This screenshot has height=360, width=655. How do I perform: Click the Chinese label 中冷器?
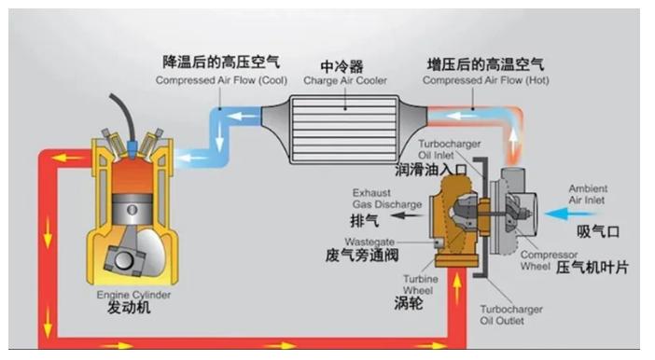tap(341, 66)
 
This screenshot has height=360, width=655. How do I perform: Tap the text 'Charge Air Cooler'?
tap(345, 80)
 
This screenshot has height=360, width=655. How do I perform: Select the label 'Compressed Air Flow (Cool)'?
tap(221, 80)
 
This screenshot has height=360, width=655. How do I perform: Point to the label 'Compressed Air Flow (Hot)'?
tap(485, 80)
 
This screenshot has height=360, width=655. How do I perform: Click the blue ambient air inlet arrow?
tap(570, 215)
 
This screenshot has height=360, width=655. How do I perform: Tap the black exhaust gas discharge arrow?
tap(408, 215)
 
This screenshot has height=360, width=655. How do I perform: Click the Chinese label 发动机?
tap(129, 308)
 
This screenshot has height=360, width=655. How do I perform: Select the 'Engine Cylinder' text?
tap(133, 295)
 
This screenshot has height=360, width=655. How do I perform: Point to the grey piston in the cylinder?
tap(132, 210)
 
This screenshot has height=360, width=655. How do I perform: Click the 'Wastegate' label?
tap(369, 242)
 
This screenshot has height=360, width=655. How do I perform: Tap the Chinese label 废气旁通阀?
tap(362, 256)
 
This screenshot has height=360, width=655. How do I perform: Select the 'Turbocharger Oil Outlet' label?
tap(511, 315)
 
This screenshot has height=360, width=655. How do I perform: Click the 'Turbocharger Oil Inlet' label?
tap(449, 149)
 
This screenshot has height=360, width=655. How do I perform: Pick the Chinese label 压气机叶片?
tap(592, 268)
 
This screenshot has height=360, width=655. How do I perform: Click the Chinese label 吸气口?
tap(598, 231)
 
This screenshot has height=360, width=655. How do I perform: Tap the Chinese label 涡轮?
tap(408, 303)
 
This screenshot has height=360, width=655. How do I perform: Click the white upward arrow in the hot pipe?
tap(513, 140)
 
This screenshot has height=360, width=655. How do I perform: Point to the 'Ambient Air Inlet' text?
tap(587, 194)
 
